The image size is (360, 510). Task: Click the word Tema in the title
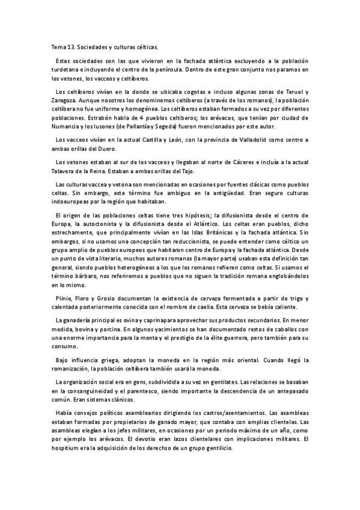(58, 45)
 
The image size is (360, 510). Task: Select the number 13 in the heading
(72, 45)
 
